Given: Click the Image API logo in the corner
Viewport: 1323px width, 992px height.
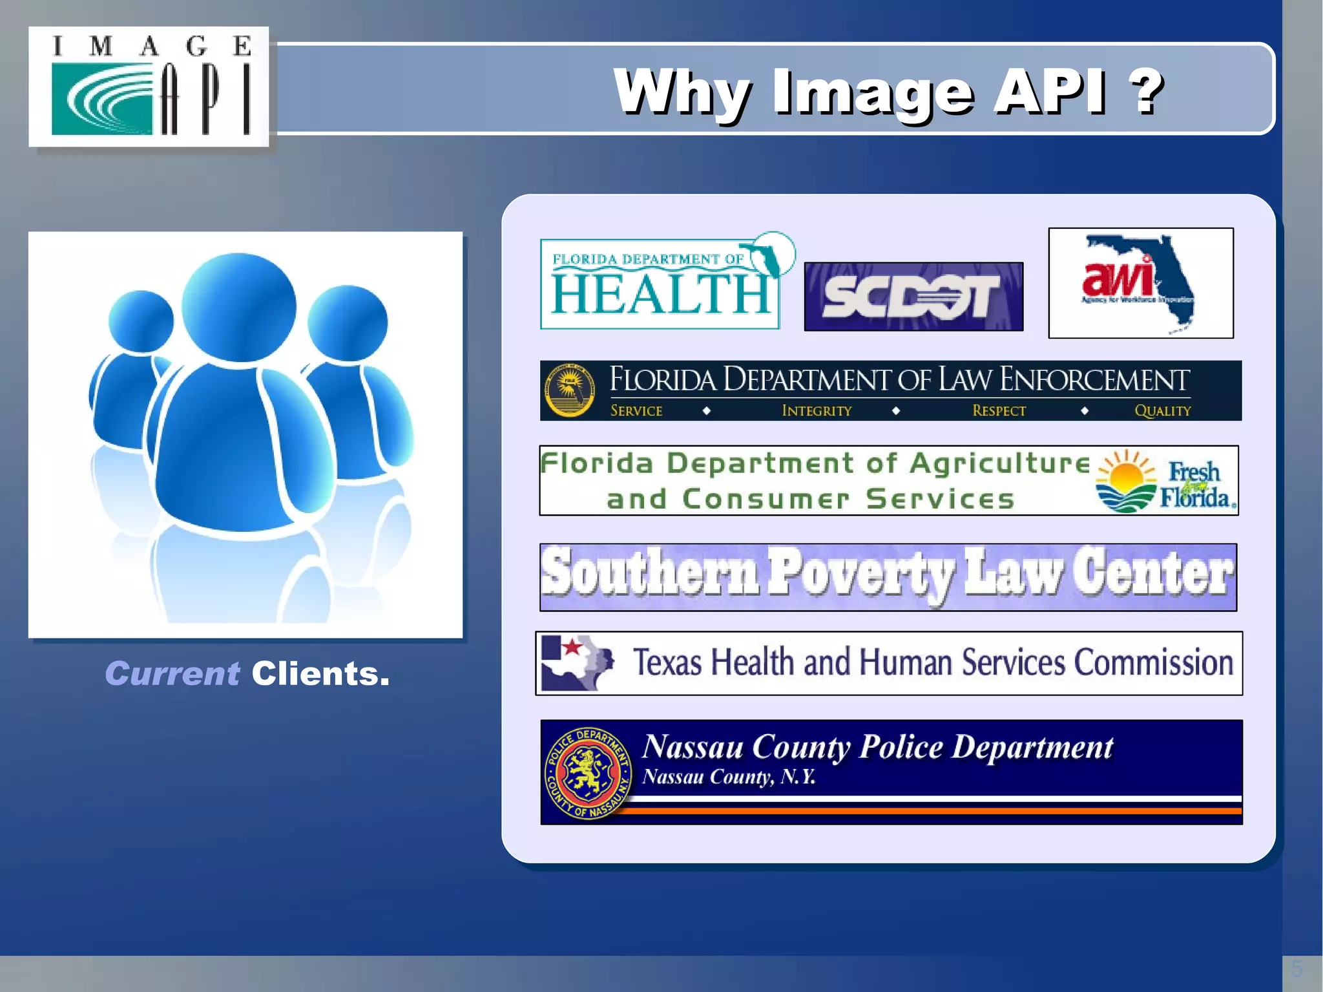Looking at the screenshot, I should pos(149,87).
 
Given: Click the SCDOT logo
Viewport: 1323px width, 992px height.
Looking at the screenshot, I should pos(913,297).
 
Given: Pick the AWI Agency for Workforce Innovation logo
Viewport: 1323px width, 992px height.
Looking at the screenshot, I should pos(1140,283).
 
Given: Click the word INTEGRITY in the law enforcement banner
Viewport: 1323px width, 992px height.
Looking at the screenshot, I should pos(817,410).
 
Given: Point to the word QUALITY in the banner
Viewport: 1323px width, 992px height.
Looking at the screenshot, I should pos(1162,410).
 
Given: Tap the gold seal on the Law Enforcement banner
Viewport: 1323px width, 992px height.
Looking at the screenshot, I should pos(570,390).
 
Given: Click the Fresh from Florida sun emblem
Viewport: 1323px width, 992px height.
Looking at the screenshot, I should pos(1126,481).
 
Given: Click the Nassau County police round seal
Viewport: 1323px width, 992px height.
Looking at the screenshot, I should pos(587,772).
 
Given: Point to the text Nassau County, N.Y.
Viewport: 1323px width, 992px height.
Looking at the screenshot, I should pos(728,776).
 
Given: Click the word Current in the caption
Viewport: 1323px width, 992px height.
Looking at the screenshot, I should pos(172,674).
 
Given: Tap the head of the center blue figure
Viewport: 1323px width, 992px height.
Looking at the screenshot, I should pos(239,307).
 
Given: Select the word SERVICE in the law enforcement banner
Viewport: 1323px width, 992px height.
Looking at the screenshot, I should pos(636,410).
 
